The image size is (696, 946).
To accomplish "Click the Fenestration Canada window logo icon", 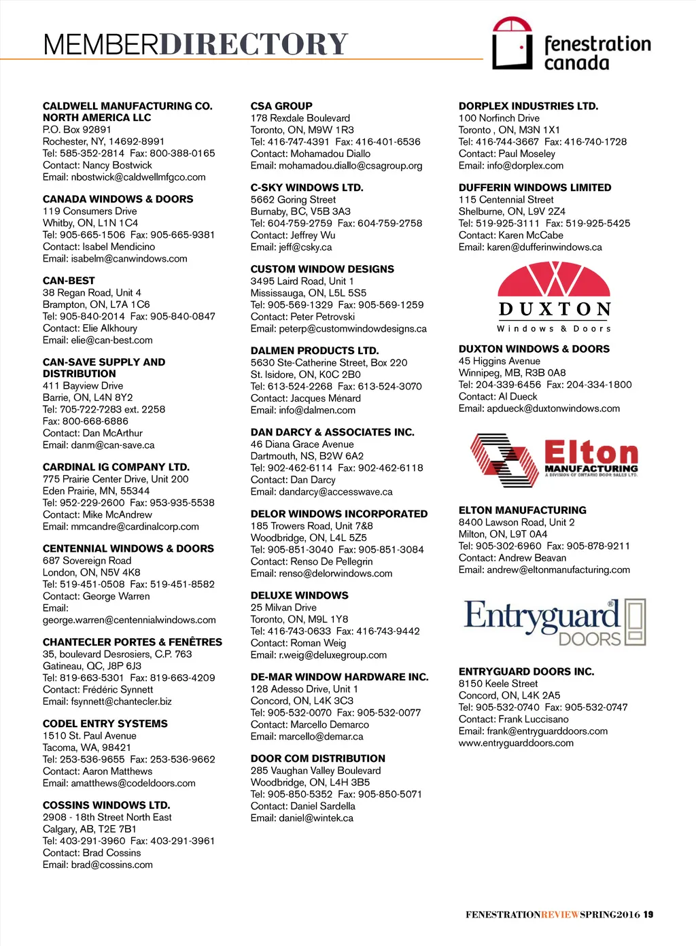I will coord(512,43).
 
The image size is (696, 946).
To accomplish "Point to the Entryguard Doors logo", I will coord(555,621).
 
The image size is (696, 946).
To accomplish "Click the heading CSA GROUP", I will coord(281,106).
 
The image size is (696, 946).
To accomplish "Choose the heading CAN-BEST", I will coord(69,281).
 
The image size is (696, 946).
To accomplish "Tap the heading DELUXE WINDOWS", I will coord(299,595).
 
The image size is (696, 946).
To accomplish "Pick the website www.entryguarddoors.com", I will coord(516,743).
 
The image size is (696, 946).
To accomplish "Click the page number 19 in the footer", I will coord(648,915).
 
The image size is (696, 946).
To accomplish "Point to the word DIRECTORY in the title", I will coord(254,45).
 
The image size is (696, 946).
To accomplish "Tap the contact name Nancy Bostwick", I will coord(117,165).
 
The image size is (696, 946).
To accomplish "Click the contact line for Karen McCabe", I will coord(510,235).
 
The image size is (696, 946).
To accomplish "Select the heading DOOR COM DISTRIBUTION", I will coord(317,758).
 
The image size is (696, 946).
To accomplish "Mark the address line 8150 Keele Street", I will coord(498,684).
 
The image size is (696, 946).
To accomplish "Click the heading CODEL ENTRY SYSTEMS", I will coord(105,724).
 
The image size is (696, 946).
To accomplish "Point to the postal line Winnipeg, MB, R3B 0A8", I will coord(512,373).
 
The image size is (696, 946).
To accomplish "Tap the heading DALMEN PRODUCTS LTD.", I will coord(314,351).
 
